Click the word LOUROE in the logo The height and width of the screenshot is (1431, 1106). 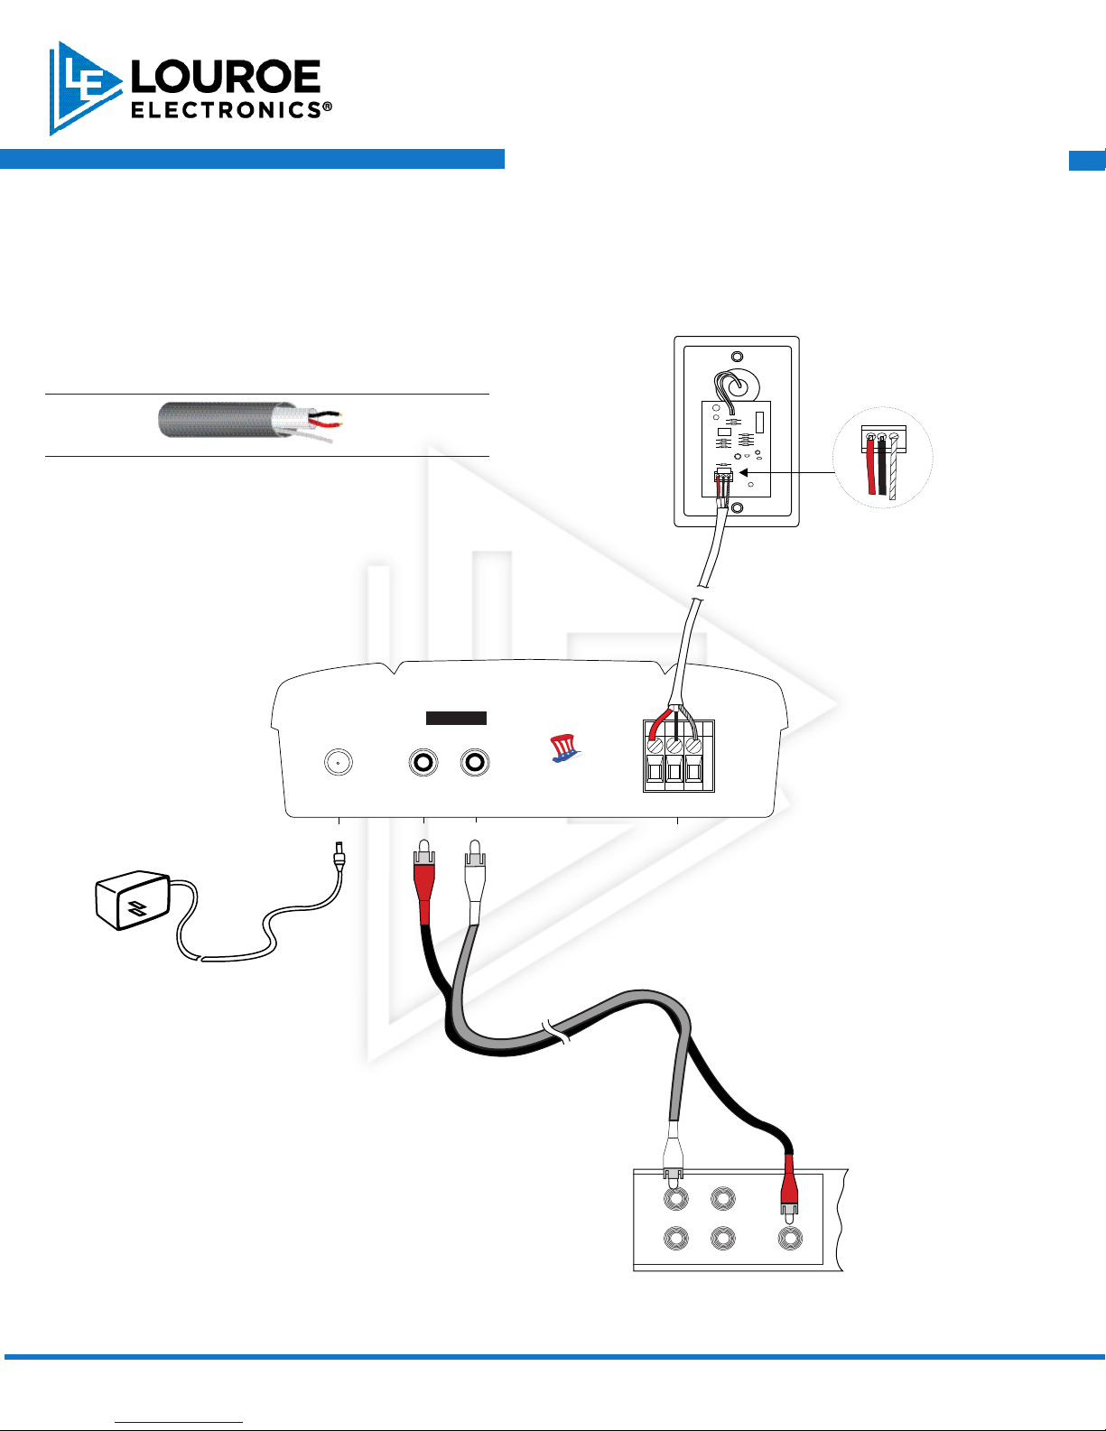click(x=226, y=78)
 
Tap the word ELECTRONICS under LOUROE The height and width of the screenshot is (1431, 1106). click(x=226, y=110)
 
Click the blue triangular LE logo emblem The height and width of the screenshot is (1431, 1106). click(x=83, y=88)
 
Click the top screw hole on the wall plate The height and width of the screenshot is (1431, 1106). click(x=737, y=357)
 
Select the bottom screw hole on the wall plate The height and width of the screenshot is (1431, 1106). click(x=737, y=508)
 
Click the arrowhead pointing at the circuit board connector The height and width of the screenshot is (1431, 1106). click(x=744, y=472)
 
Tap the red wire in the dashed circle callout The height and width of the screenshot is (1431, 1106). click(x=871, y=468)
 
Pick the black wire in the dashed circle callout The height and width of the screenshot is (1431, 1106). click(x=882, y=468)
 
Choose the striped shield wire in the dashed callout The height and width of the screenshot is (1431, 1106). click(x=893, y=469)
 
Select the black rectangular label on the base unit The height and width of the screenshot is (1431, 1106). click(x=456, y=718)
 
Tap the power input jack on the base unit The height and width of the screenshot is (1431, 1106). click(x=338, y=763)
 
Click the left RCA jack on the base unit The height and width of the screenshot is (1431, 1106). click(x=423, y=763)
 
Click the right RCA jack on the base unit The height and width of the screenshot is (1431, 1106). click(x=475, y=763)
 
